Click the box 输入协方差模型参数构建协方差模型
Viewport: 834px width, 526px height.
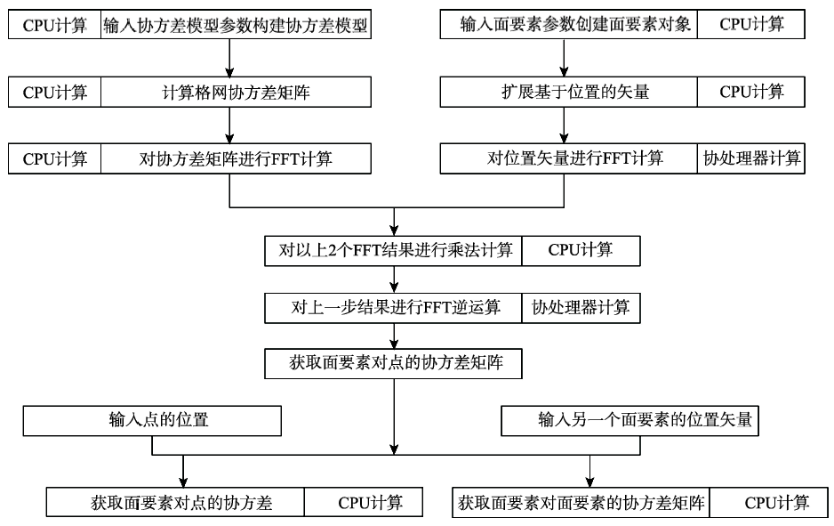point(236,26)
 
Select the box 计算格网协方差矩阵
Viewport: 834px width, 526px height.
point(236,92)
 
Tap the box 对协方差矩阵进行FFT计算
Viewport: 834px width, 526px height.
point(236,159)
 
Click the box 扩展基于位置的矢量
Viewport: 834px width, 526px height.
point(568,92)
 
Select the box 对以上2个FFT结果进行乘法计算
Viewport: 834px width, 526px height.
point(394,250)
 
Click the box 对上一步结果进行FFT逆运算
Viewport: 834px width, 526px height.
point(394,308)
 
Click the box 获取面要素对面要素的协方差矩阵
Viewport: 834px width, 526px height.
point(581,503)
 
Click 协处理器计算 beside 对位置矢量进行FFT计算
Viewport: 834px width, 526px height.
point(751,159)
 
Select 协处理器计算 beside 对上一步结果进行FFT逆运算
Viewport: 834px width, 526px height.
point(581,308)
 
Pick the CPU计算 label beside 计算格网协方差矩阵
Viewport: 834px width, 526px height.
point(55,92)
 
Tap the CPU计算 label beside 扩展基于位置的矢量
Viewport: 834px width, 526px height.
point(751,92)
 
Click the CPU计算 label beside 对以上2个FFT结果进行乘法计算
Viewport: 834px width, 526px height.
point(581,250)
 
